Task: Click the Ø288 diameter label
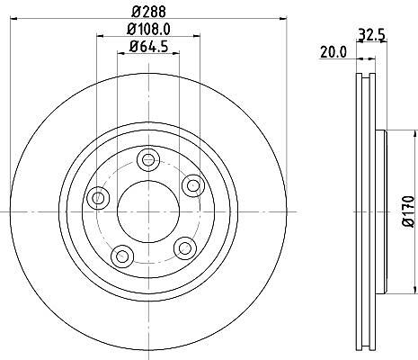148,12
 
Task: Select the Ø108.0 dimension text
148,30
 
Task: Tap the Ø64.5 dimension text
148,47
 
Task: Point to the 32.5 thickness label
371,35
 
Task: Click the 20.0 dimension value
334,52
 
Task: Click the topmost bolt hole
148,160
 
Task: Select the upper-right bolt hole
193,185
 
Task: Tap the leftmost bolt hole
98,198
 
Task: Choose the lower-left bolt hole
122,256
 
